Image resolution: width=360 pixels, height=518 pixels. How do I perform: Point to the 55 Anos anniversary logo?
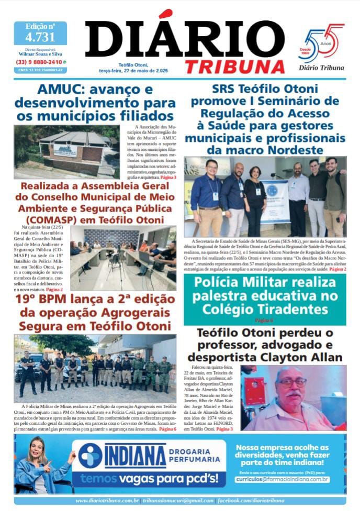click(x=324, y=43)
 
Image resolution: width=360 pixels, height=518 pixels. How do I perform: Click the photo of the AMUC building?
click(x=66, y=151)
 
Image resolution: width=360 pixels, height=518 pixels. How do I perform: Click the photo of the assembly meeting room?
click(x=123, y=258)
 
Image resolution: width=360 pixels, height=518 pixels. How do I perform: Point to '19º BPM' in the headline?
click(x=45, y=300)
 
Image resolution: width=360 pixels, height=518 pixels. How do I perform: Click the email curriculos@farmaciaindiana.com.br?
click(x=282, y=479)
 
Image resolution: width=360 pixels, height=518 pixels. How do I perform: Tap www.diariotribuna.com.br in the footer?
click(x=107, y=501)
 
